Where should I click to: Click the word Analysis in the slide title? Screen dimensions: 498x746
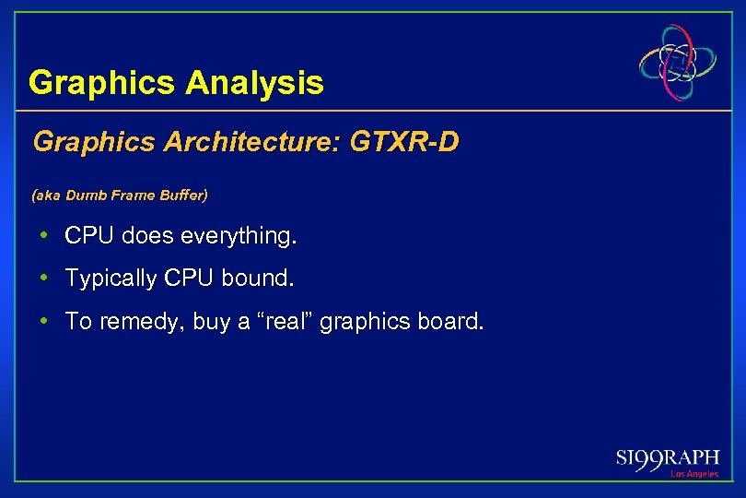pyautogui.click(x=254, y=83)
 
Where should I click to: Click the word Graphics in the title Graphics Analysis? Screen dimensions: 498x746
pyautogui.click(x=102, y=83)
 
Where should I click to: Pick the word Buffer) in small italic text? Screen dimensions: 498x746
pyautogui.click(x=184, y=196)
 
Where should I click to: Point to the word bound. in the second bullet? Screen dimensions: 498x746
pyautogui.click(x=247, y=279)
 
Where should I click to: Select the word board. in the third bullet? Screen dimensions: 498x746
pyautogui.click(x=451, y=322)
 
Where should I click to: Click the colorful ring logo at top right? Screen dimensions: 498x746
pyautogui.click(x=679, y=62)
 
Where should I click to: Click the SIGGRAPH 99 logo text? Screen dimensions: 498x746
pyautogui.click(x=668, y=458)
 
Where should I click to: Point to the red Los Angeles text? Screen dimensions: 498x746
pyautogui.click(x=694, y=474)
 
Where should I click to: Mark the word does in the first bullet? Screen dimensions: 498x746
pyautogui.click(x=146, y=237)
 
